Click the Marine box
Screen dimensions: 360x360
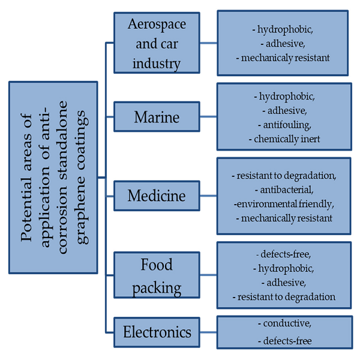pos(157,116)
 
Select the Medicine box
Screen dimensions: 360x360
pos(157,196)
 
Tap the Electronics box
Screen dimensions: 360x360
pos(157,332)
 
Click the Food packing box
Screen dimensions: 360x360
pos(157,275)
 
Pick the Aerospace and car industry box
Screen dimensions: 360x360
pos(157,43)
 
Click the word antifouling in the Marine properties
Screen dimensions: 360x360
pos(287,125)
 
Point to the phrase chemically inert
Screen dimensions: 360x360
pos(287,139)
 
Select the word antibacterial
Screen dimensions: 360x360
pos(287,190)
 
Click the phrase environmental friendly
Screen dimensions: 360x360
pos(285,204)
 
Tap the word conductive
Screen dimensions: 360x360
pos(287,323)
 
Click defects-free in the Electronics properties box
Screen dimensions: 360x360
pos(287,341)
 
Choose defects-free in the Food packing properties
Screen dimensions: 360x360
pos(286,254)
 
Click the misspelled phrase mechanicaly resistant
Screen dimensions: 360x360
pos(286,58)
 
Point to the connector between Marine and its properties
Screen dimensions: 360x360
pos(208,116)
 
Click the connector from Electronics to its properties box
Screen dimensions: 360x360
pos(208,332)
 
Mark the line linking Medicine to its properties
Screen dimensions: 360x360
pos(208,196)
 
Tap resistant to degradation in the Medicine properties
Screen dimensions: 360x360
pos(286,176)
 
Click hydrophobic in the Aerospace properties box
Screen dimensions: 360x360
pos(285,30)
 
